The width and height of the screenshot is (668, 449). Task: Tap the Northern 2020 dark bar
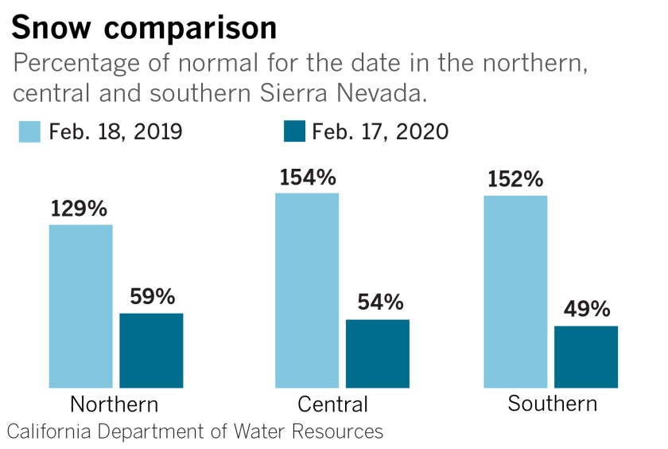tap(151, 350)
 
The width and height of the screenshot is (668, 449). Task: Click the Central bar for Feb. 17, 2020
tap(377, 353)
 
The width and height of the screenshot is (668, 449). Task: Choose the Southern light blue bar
tap(515, 291)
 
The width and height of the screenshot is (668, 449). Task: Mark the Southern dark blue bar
tap(585, 357)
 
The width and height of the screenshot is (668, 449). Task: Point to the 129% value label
tap(79, 209)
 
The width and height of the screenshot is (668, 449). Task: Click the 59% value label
tap(151, 297)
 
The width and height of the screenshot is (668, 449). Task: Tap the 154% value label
tap(307, 177)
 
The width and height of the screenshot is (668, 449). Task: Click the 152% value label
tap(515, 180)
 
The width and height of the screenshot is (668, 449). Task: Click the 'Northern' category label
tap(115, 404)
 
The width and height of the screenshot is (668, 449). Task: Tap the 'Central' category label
tap(332, 404)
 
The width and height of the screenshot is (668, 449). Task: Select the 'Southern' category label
tap(552, 404)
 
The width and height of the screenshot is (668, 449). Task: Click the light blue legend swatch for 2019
tap(29, 132)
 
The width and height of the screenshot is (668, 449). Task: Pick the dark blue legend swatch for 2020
tap(294, 132)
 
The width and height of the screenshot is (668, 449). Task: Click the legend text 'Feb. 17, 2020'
tap(380, 132)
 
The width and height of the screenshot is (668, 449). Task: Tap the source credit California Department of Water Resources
tap(195, 432)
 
